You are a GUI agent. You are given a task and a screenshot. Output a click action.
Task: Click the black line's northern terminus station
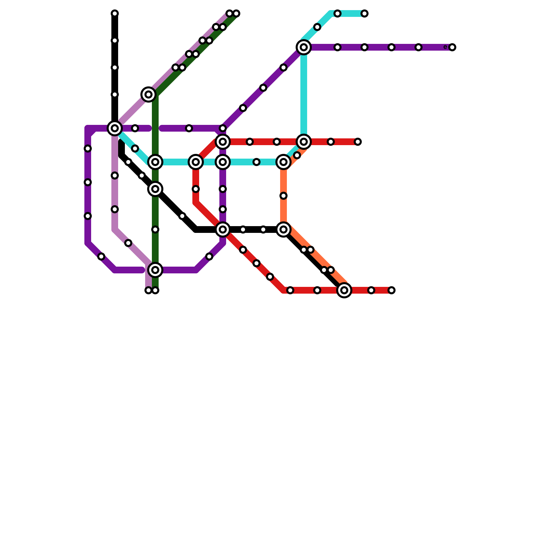(x=115, y=13)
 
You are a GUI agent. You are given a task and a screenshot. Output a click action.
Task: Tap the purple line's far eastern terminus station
(x=452, y=47)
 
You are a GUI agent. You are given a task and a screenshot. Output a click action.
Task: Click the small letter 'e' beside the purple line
(x=445, y=47)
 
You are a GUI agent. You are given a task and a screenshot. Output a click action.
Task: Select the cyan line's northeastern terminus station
(x=364, y=13)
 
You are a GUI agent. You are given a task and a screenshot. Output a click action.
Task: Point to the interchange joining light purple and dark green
(x=148, y=94)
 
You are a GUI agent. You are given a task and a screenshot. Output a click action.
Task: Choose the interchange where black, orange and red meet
(x=344, y=290)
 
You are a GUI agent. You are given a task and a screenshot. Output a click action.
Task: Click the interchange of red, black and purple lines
(x=223, y=230)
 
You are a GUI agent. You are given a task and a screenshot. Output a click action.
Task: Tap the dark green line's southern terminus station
(x=155, y=290)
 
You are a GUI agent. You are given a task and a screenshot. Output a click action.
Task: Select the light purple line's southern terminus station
(x=148, y=290)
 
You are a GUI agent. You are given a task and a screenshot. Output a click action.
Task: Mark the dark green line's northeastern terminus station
(x=236, y=13)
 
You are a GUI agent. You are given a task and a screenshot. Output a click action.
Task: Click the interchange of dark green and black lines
(x=155, y=189)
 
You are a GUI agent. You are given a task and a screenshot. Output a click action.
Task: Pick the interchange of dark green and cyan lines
(x=155, y=162)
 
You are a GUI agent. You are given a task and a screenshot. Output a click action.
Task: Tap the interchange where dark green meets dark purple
(x=155, y=270)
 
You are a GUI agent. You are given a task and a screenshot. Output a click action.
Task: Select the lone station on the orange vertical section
(x=283, y=196)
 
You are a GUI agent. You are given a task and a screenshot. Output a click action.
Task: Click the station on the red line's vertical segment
(x=196, y=189)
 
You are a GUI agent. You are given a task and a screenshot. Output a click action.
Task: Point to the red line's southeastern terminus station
(x=391, y=290)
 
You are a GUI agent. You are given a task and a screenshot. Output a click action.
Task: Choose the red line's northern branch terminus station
(x=358, y=142)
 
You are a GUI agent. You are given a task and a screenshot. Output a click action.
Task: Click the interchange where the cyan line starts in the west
(x=115, y=128)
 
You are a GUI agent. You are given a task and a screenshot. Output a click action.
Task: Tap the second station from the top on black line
(x=115, y=40)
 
